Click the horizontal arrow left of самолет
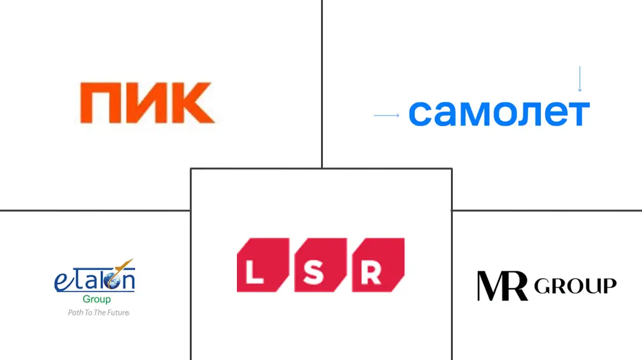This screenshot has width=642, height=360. pos(386,115)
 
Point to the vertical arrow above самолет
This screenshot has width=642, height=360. pos(580,79)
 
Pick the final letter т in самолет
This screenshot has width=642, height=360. pos(578,113)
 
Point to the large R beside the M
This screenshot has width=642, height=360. pos(517,286)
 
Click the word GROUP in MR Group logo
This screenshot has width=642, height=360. pos(575,286)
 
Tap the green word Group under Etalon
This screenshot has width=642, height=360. pos(96,299)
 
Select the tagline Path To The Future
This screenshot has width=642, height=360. pos(98,313)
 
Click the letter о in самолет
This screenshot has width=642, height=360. pos(503,113)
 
